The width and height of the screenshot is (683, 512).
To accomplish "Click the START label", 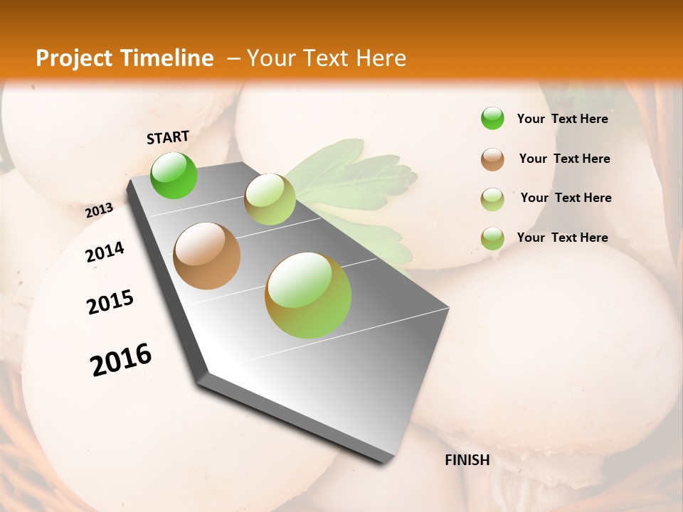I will point(168,137).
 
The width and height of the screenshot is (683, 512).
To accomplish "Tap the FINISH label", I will point(467,460).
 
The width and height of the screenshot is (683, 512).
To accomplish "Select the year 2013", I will point(99,210).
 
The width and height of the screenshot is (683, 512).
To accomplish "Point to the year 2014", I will point(105,252).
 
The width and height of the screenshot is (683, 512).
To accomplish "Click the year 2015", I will point(110,302).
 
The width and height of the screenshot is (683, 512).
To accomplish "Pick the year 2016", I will point(121,360).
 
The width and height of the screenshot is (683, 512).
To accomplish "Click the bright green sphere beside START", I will point(174,175).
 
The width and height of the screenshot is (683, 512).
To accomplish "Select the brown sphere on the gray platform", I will point(206,256).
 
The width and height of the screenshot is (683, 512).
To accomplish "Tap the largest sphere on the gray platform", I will point(308,295).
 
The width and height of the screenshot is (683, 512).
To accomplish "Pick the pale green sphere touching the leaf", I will point(270,199).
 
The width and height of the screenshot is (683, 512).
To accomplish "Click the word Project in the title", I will point(75,58).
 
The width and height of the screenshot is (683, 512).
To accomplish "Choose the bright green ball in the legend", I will point(492,118).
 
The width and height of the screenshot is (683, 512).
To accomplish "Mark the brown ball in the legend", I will point(492,159).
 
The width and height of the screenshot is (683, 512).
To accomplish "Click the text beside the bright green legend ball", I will point(562,119).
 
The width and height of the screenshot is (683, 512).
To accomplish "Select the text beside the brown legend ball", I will point(564,159).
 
